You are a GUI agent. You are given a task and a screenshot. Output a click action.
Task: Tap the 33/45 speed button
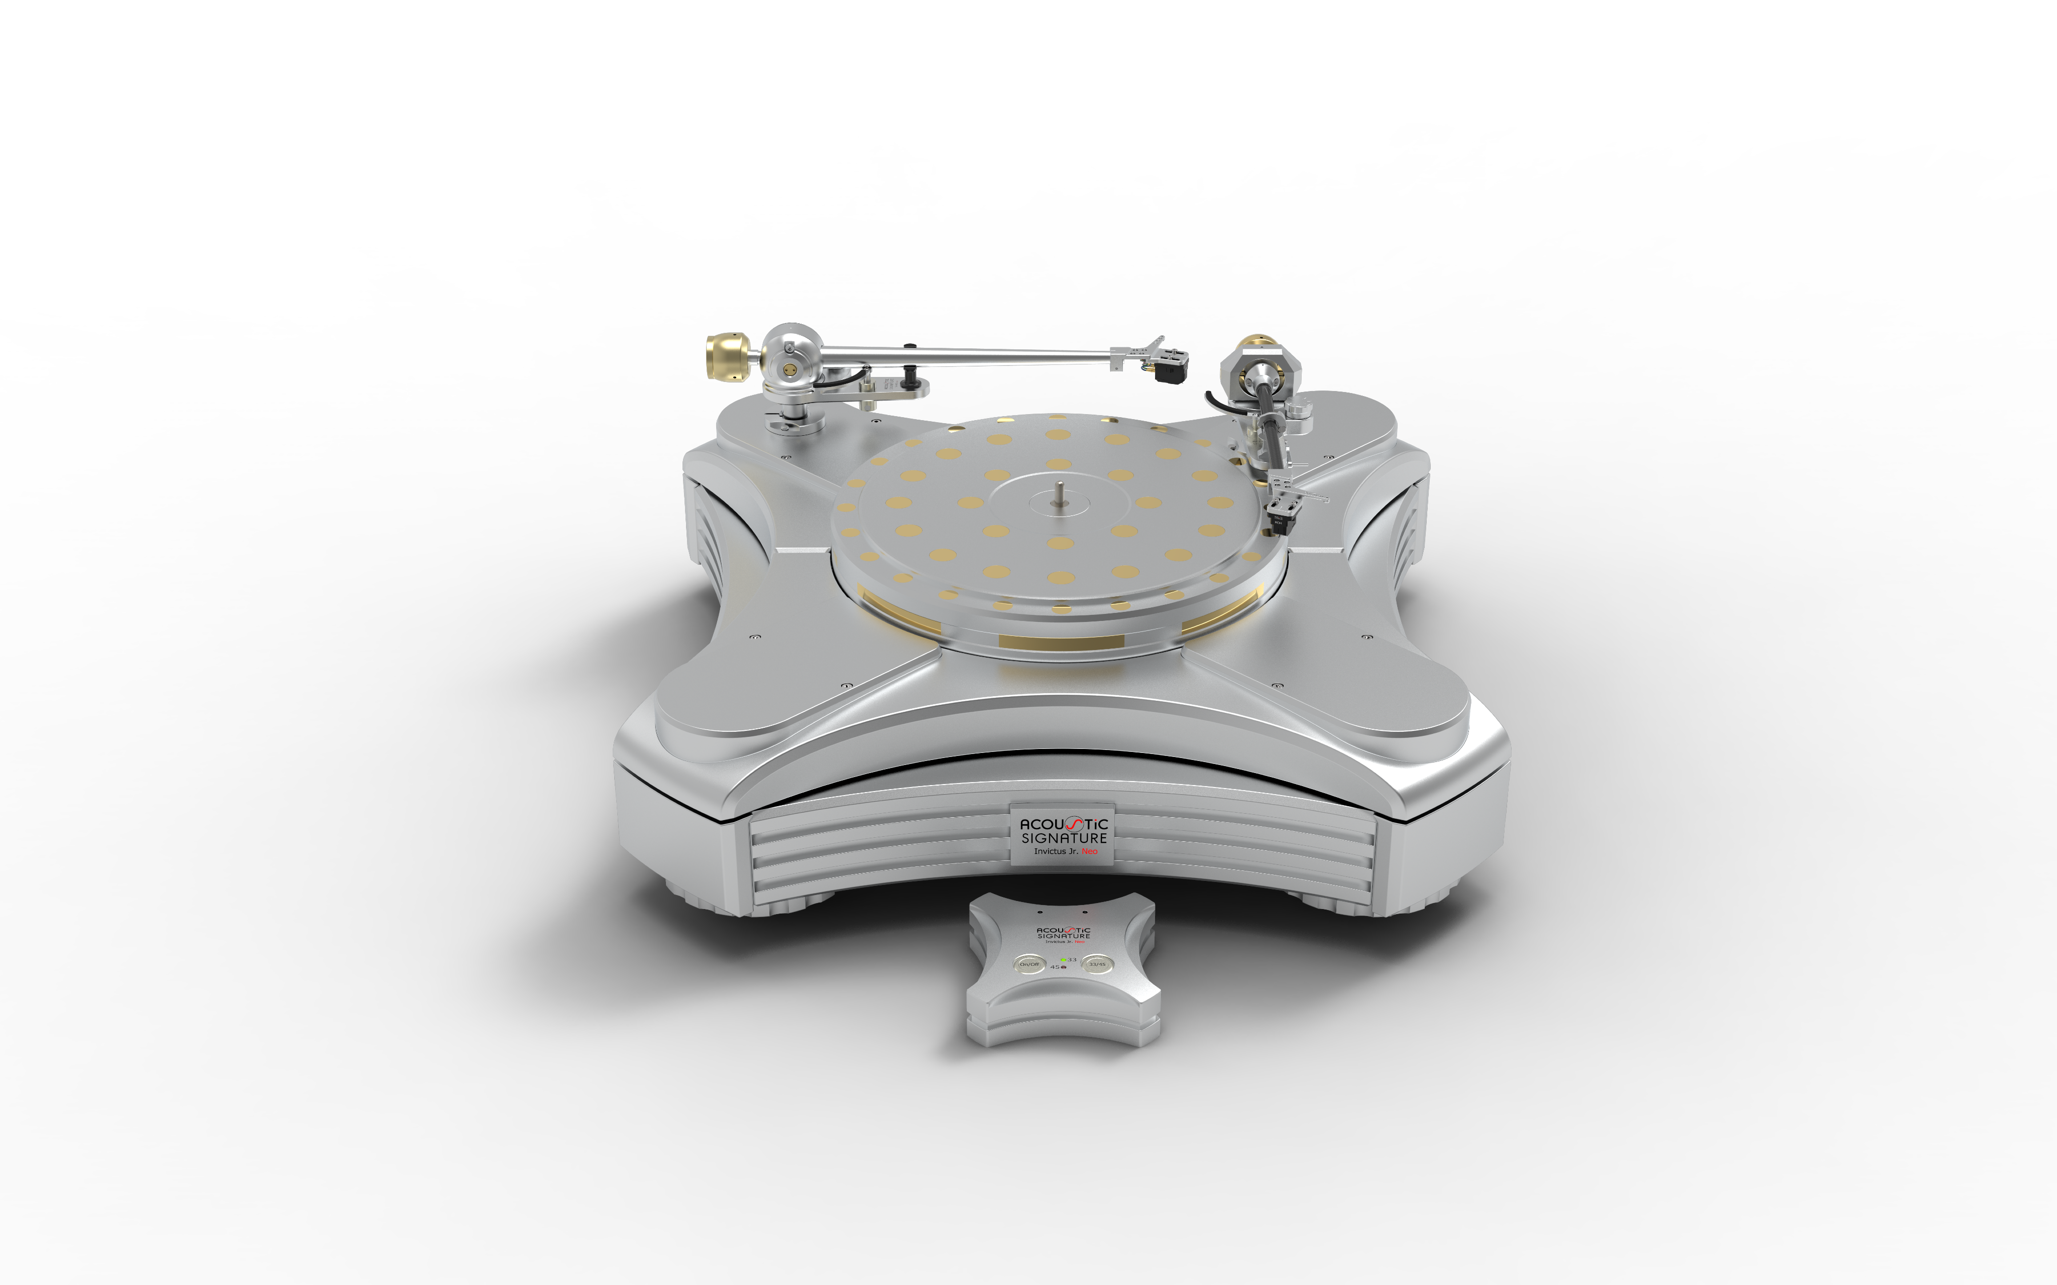1096,965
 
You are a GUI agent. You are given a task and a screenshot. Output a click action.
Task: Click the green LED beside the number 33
1063,960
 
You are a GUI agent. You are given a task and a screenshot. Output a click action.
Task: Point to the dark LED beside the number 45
1063,967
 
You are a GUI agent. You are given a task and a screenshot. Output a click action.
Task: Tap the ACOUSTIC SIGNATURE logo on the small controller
1063,933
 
